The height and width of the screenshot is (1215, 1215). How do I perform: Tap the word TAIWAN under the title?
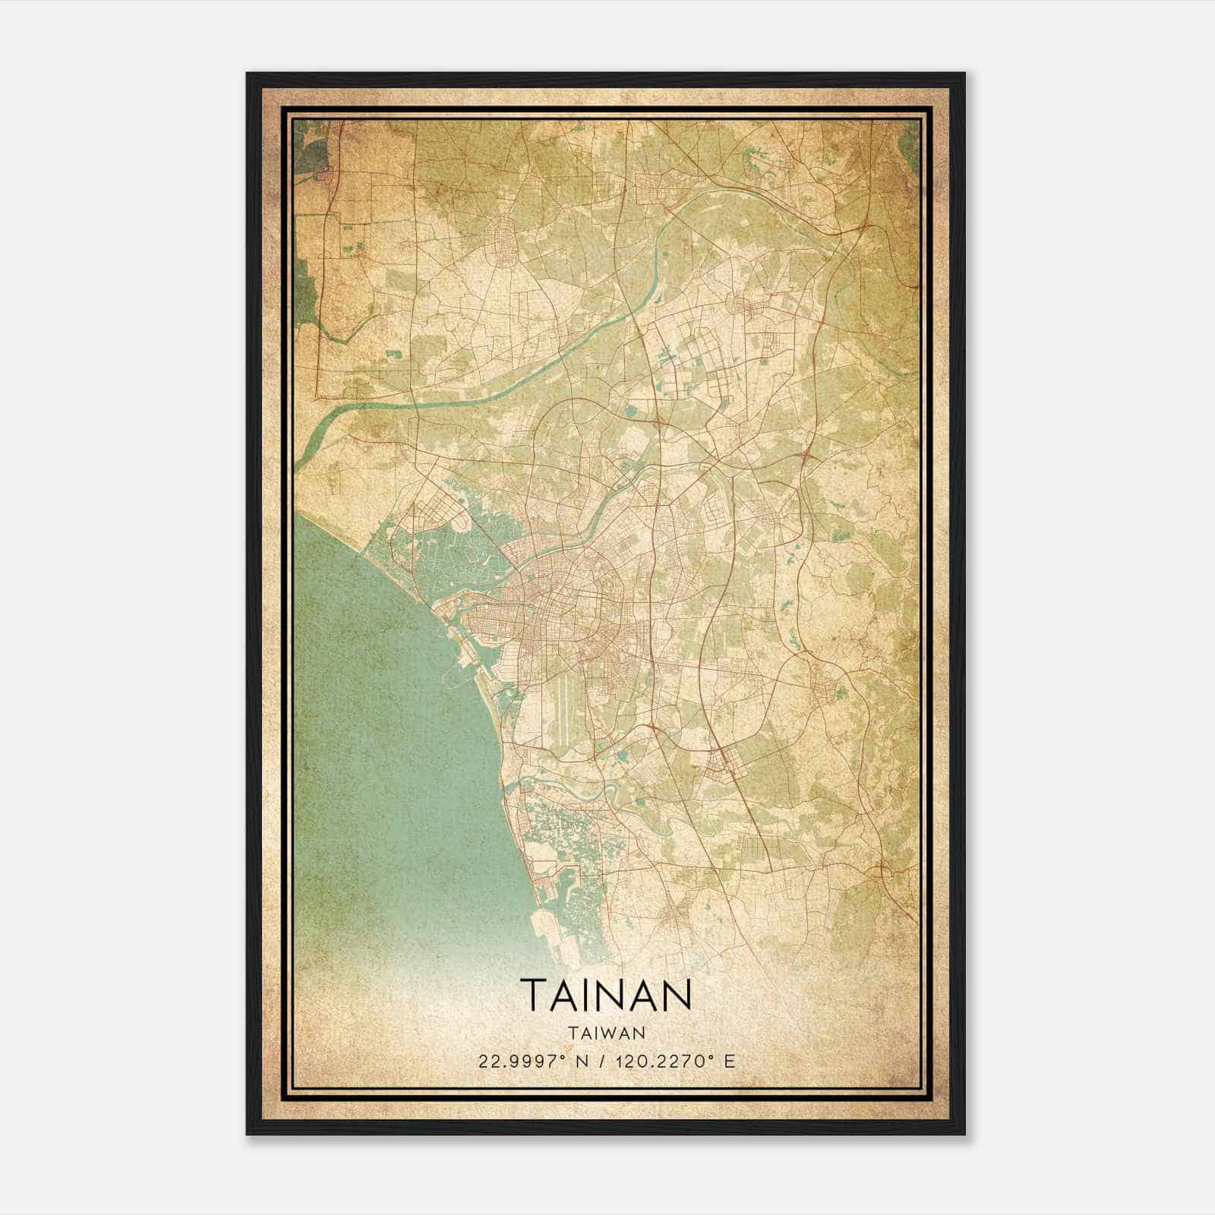pos(606,1033)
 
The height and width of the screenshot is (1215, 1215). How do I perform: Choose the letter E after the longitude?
pos(730,1062)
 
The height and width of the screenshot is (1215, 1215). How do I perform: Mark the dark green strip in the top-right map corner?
pos(909,148)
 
